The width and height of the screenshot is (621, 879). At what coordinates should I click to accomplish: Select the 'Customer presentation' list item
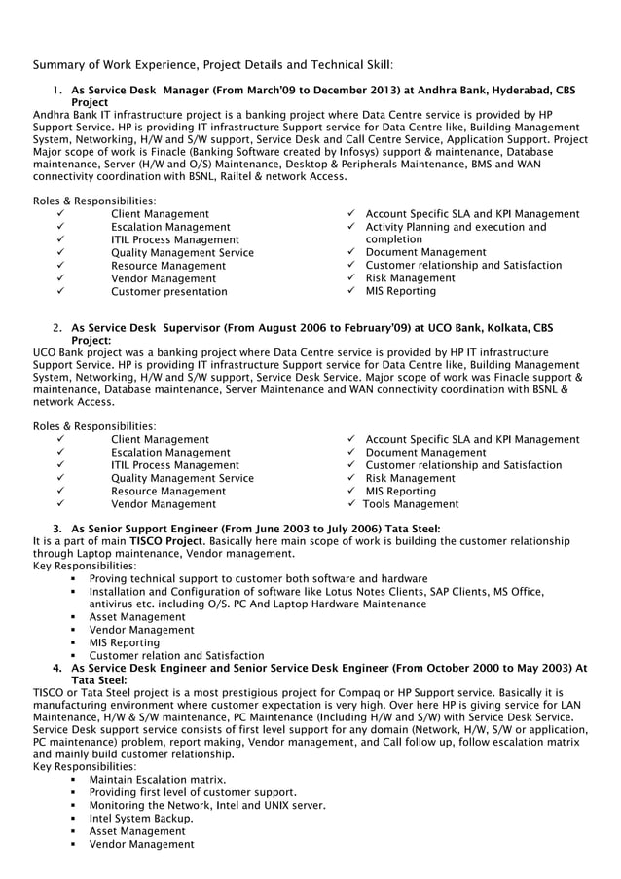[168, 291]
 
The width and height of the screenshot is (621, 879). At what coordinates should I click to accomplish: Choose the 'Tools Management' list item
[411, 504]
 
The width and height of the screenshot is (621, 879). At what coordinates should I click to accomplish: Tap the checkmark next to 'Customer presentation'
[60, 291]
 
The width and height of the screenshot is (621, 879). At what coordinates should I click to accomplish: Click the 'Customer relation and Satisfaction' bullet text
[176, 655]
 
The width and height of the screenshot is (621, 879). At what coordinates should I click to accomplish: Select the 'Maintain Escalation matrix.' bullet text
[158, 780]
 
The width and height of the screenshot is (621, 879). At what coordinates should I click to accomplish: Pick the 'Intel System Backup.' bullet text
[140, 818]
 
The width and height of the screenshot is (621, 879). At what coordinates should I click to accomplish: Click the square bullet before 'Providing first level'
[74, 792]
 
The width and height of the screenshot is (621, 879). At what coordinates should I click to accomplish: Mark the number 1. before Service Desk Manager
[58, 90]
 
